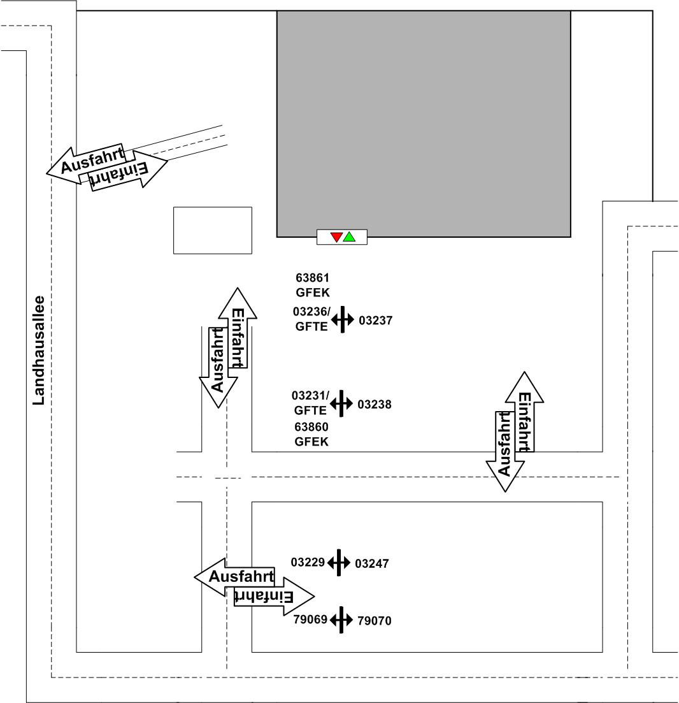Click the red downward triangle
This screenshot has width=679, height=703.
(x=336, y=238)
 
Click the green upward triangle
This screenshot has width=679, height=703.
(x=349, y=236)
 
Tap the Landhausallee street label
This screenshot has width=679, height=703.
(x=39, y=350)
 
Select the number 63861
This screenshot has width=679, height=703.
(x=312, y=278)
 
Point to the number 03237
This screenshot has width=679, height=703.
(x=375, y=321)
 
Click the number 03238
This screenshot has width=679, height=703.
(x=375, y=404)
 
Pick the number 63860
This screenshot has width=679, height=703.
(x=311, y=427)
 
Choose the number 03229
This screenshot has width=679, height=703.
(x=308, y=562)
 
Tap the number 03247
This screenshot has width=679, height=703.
(x=371, y=563)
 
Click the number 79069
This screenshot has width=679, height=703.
(x=310, y=619)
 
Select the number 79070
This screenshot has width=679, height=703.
(x=375, y=620)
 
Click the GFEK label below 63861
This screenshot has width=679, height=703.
(x=312, y=293)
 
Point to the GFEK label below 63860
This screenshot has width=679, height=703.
(x=311, y=442)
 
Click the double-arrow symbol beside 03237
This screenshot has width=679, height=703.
(x=342, y=319)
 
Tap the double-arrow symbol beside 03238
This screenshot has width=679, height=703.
(x=341, y=403)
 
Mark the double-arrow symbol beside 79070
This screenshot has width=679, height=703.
(x=341, y=620)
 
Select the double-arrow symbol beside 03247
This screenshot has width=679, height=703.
(x=339, y=563)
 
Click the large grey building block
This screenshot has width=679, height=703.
(x=424, y=121)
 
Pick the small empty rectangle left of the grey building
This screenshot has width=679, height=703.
(x=213, y=230)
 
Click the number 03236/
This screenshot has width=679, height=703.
(x=312, y=312)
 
